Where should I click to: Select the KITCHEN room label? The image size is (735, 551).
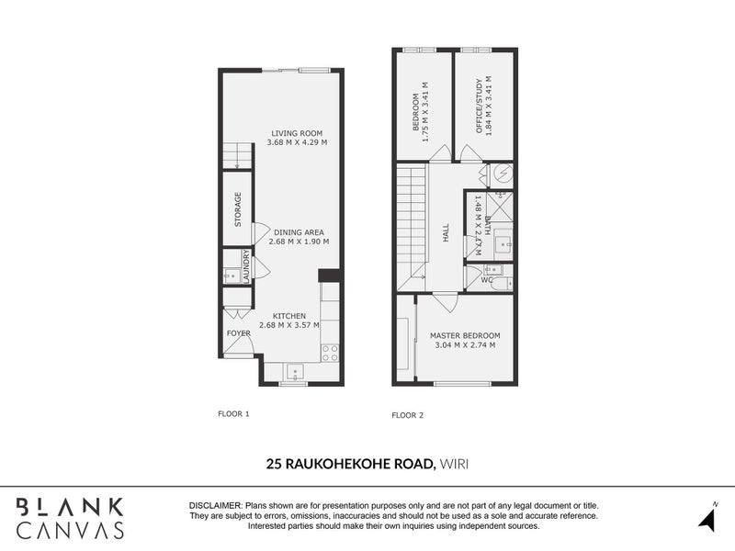(288, 316)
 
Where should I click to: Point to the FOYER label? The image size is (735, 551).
(238, 333)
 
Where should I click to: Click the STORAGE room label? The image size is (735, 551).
(237, 209)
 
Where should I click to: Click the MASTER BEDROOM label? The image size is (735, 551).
(464, 335)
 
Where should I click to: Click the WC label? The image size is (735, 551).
(487, 280)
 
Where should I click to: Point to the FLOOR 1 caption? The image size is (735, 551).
(233, 414)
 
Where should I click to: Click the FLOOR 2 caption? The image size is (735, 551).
(407, 415)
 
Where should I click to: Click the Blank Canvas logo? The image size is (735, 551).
(70, 518)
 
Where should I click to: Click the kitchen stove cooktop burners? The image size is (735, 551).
(329, 353)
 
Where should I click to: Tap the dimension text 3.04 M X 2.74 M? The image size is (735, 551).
(464, 345)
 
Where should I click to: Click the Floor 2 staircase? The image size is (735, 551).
(412, 220)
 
